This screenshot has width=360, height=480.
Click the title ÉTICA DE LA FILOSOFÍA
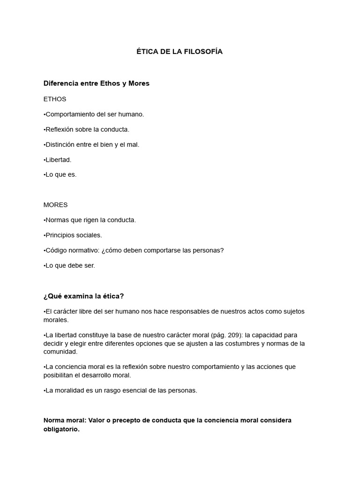tap(180, 52)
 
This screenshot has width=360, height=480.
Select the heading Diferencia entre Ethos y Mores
tap(96, 83)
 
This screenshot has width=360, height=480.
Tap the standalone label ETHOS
tap(55, 99)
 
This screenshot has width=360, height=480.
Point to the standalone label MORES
tap(55, 205)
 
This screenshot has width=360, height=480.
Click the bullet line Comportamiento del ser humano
tap(94, 114)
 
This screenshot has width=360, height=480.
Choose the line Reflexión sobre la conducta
tap(86, 129)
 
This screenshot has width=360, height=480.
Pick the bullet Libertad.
tap(58, 160)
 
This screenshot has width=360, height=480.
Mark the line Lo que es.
tap(60, 175)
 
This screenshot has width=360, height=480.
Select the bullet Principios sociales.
tap(73, 235)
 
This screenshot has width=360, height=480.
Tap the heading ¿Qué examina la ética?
tap(83, 296)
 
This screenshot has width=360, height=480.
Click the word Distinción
tap(60, 144)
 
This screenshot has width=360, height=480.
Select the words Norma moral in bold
tap(61, 420)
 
